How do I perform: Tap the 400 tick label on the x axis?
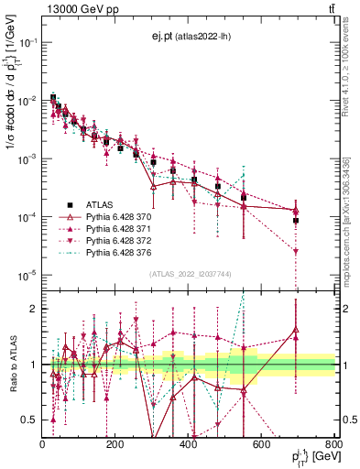point(189,444)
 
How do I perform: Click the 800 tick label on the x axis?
point(334,444)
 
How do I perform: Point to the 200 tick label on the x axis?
point(115,444)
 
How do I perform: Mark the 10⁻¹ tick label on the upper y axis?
point(27,42)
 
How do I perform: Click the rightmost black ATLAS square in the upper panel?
point(296,221)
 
